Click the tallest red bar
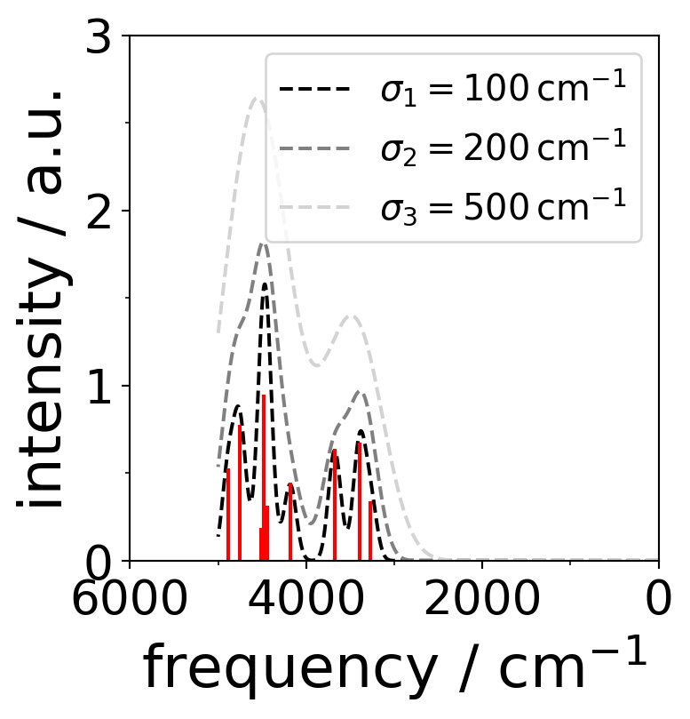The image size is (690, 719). point(263,480)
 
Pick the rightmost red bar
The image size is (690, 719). point(371,531)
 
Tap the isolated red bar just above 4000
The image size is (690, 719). point(290,523)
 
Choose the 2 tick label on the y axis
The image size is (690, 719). point(104,212)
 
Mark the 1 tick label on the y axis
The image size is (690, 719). point(104,387)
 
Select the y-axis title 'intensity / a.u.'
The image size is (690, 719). point(42,298)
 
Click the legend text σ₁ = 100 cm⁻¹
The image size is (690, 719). point(503,91)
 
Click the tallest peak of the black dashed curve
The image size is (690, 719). point(264,285)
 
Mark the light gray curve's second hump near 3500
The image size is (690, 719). point(352,316)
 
